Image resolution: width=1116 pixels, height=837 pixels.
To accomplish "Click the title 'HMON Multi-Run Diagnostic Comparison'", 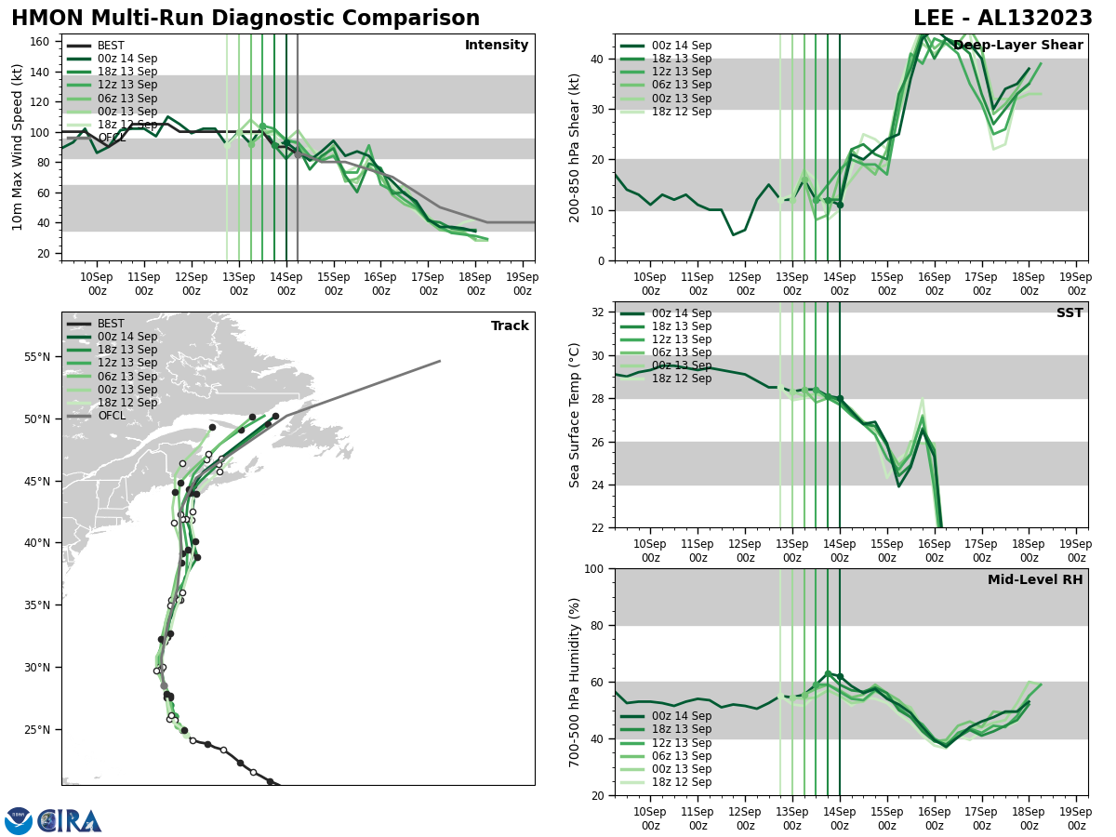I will (x=246, y=19).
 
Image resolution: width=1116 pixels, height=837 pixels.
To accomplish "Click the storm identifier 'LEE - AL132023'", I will (x=1003, y=19).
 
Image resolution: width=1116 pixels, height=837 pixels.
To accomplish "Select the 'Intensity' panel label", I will (x=497, y=46).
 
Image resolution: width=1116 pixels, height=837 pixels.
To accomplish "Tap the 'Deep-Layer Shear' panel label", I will (x=1017, y=46).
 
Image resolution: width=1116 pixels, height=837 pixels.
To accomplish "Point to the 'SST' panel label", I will (x=1069, y=313).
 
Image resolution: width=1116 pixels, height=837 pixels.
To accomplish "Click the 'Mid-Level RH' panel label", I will (x=1035, y=580).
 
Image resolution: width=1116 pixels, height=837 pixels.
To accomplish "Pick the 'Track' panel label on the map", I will (x=510, y=326).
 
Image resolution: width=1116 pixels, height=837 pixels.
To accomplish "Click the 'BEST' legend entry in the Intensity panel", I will (x=111, y=46).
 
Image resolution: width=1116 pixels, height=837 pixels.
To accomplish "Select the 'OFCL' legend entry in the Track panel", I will (x=112, y=416).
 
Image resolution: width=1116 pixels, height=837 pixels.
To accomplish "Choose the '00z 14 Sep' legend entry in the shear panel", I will (x=682, y=46).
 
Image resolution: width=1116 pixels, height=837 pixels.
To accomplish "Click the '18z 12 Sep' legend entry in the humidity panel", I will (x=682, y=782).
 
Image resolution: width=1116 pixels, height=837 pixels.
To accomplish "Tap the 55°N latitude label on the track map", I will (x=36, y=357).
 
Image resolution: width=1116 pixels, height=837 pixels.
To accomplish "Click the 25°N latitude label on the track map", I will (x=36, y=730).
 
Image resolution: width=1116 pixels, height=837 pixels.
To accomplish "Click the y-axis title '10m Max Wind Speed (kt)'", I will (x=18, y=147).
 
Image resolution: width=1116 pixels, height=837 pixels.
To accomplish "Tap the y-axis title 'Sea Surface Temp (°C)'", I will (x=575, y=415).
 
